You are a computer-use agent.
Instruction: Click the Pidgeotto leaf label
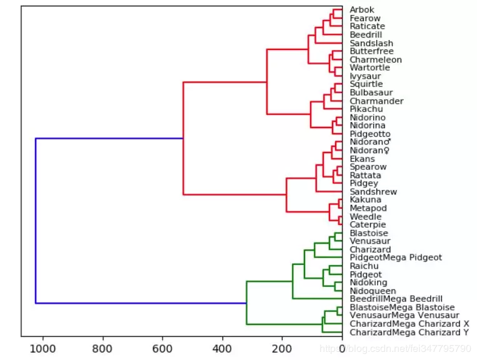point(370,134)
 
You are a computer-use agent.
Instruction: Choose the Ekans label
point(362,159)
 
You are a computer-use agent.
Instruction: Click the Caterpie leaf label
point(368,224)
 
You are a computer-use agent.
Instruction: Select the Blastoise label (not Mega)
point(369,233)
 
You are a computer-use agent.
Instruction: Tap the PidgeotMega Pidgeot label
point(396,257)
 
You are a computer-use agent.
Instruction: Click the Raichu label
point(364,266)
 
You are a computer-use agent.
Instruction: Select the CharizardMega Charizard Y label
point(409,332)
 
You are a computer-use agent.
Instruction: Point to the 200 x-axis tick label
point(282,347)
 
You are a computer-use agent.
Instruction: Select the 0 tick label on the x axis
point(342,347)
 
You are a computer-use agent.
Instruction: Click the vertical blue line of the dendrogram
point(36,221)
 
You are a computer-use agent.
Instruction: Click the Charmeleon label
point(376,60)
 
